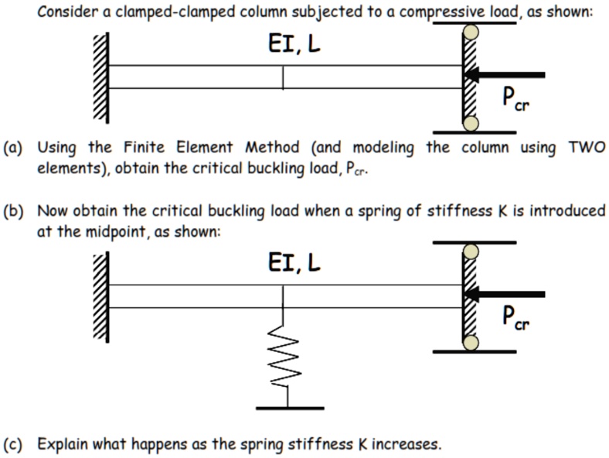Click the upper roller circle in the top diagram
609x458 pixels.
(470, 33)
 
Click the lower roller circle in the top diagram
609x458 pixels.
(470, 122)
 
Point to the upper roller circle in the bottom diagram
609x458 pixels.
(470, 253)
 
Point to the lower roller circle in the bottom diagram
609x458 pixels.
(470, 341)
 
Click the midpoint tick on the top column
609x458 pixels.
(283, 77)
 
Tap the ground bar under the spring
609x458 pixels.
(289, 407)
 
